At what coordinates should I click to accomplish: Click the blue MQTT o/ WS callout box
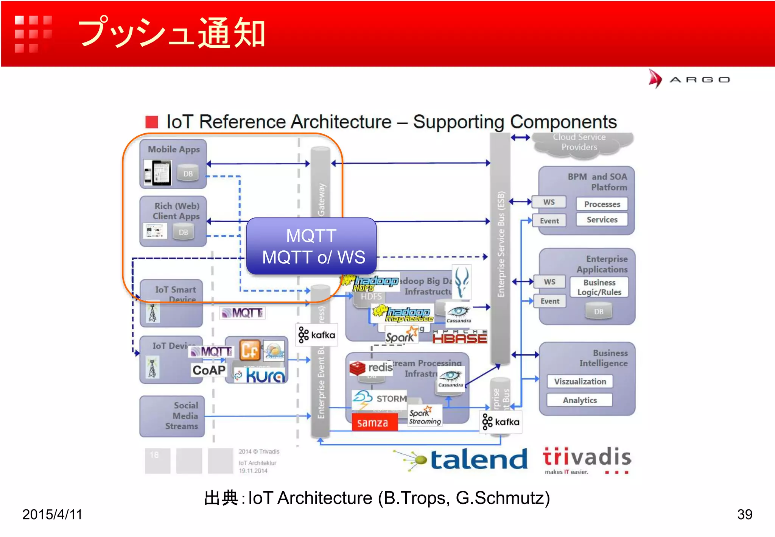pos(311,246)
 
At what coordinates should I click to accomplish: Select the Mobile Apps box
pos(173,164)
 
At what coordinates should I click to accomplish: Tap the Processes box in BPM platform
pos(602,204)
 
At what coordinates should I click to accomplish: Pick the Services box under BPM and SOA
pos(602,220)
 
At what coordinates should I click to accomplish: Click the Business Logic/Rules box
pos(599,287)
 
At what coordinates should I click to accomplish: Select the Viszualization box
pos(580,381)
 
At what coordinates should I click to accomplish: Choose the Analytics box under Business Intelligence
pos(579,400)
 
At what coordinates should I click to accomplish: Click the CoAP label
pos(209,370)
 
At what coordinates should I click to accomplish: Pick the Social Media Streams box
pos(172,416)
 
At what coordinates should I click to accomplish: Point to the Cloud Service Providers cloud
pos(580,143)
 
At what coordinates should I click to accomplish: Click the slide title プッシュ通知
pos(172,33)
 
